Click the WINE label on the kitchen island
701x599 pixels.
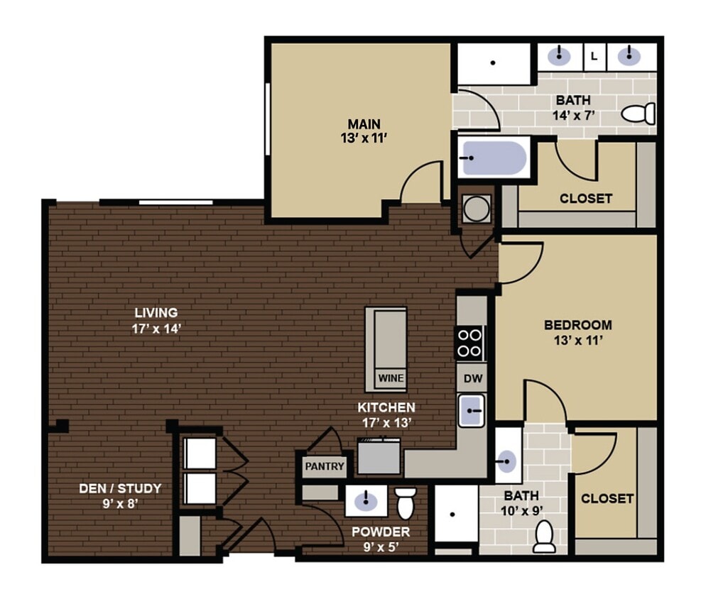point(390,378)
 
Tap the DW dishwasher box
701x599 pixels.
point(472,379)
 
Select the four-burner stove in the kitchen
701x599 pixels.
point(469,342)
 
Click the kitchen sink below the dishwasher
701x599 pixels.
point(472,411)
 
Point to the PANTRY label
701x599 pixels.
point(324,466)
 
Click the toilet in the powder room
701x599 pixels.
point(405,502)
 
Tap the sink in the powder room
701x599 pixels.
point(366,501)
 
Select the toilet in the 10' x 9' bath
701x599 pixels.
point(544,537)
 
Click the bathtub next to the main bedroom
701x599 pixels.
point(493,157)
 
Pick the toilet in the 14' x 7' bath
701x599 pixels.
point(638,113)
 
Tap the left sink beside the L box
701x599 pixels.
point(560,55)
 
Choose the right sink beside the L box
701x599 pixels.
point(628,55)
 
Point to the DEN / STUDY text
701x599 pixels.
point(119,488)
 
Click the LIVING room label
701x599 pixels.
point(156,312)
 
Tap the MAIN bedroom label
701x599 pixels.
point(364,124)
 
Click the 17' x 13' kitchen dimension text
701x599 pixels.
point(386,422)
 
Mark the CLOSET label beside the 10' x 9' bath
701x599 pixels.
point(607,498)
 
